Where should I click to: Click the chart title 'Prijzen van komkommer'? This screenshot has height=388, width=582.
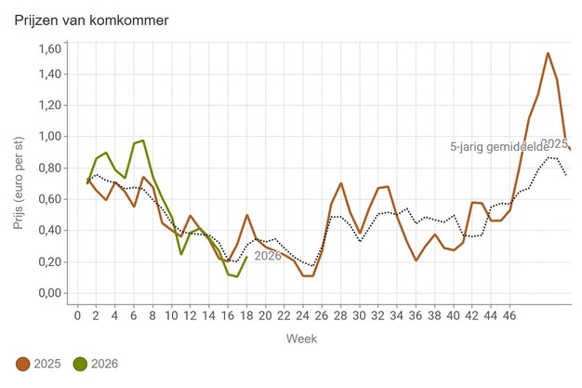tap(91, 20)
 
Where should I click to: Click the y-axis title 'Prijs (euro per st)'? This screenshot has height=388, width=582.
tap(19, 183)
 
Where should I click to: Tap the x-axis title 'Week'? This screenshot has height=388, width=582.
tap(301, 339)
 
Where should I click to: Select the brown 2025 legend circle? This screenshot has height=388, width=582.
tap(22, 364)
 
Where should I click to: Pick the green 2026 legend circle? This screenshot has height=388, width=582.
tap(80, 364)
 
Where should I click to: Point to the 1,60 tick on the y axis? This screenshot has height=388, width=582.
tap(49, 48)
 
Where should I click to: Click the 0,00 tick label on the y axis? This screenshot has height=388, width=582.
tap(49, 293)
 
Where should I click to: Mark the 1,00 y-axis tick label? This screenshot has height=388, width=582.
tap(49, 136)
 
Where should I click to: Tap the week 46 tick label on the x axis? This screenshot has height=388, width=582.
tap(509, 315)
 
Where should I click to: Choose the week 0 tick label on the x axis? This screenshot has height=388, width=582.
tap(77, 315)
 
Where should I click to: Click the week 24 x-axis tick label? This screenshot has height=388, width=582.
tap(303, 315)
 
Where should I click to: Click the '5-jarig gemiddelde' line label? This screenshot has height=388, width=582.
tap(499, 147)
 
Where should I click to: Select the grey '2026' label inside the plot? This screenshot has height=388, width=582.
tap(268, 256)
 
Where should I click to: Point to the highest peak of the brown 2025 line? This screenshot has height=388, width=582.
tap(548, 53)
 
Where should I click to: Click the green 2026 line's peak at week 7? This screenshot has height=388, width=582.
tap(143, 140)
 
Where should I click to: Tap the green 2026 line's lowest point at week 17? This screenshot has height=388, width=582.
tap(237, 276)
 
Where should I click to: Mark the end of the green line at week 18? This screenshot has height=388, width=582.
tap(246, 257)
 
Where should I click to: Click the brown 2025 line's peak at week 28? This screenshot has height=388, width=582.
tap(340, 183)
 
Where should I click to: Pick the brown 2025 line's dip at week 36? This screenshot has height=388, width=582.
tap(416, 261)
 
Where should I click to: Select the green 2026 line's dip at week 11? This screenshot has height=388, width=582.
tap(180, 254)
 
